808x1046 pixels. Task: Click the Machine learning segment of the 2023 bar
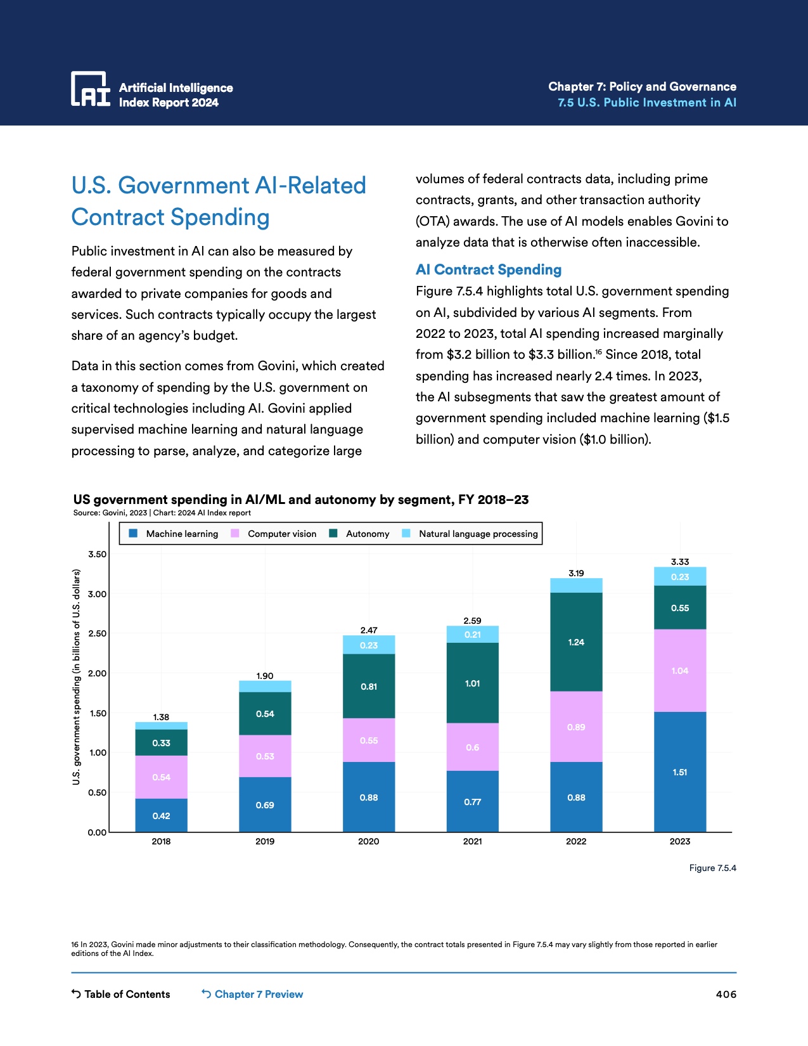pyautogui.click(x=680, y=772)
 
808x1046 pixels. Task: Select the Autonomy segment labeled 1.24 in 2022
pyautogui.click(x=576, y=642)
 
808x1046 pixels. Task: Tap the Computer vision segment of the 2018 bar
pyautogui.click(x=161, y=777)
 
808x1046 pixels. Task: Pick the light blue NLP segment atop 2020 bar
pyautogui.click(x=369, y=645)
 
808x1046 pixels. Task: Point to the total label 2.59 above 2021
pyautogui.click(x=472, y=621)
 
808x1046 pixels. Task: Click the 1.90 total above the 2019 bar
pyautogui.click(x=265, y=676)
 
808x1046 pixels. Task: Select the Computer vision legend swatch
pyautogui.click(x=235, y=534)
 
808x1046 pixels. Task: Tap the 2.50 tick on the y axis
pyautogui.click(x=97, y=633)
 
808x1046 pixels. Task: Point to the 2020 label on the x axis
pyautogui.click(x=369, y=841)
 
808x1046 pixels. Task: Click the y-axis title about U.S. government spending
pyautogui.click(x=77, y=676)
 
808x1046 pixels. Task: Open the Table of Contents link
pyautogui.click(x=121, y=994)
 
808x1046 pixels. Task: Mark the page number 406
pyautogui.click(x=726, y=994)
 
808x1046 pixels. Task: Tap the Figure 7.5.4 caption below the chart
pyautogui.click(x=712, y=868)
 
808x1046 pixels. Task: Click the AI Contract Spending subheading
pyautogui.click(x=489, y=269)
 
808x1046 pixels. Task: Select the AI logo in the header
pyautogui.click(x=91, y=89)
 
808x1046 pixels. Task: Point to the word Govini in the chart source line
pyautogui.click(x=115, y=513)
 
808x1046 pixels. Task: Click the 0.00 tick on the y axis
pyautogui.click(x=97, y=832)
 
